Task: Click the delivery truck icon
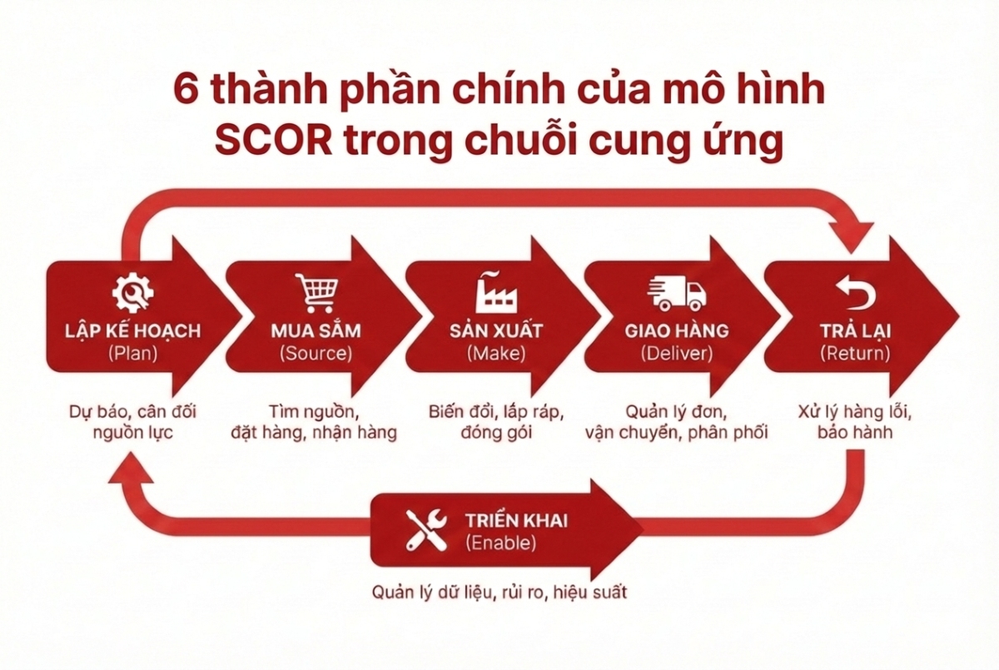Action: (x=676, y=293)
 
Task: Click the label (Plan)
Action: (x=133, y=353)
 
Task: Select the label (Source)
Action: (x=316, y=353)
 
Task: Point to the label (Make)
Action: (x=495, y=353)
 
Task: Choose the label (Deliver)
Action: (x=677, y=353)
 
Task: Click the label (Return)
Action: (x=855, y=353)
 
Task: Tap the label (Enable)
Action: (x=501, y=543)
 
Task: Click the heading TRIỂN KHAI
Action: (x=517, y=522)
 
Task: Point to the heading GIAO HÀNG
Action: (x=677, y=330)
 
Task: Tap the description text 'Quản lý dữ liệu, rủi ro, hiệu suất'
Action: (x=499, y=593)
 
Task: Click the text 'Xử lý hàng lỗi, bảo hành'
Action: (x=855, y=422)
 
